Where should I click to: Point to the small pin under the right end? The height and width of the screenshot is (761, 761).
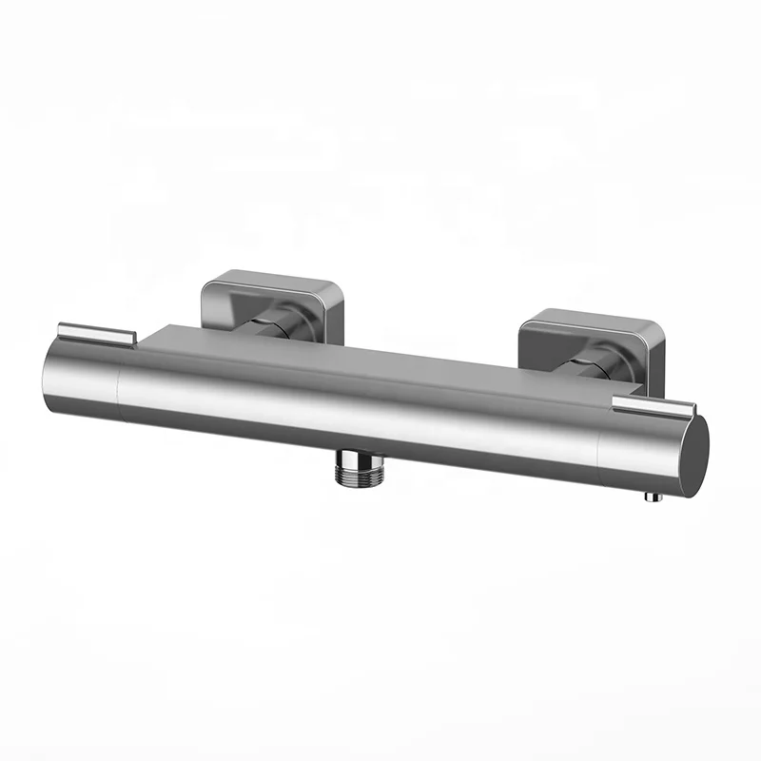(x=651, y=496)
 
